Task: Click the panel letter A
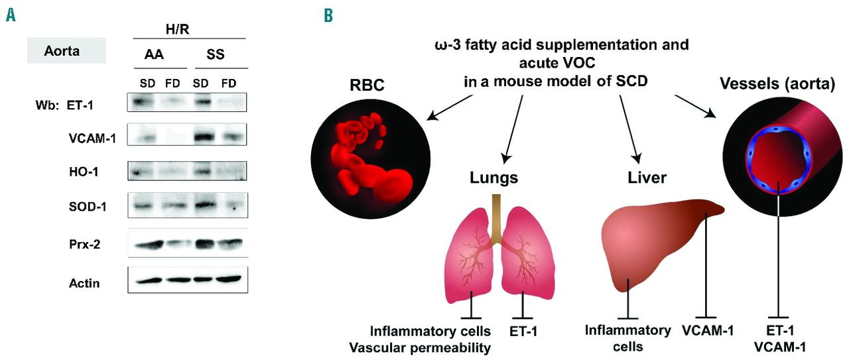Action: pos(11,14)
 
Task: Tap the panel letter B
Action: pos(328,14)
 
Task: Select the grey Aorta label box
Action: pos(66,50)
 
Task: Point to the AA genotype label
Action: pos(155,55)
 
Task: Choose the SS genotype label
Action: pos(216,55)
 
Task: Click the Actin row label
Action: pos(84,283)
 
